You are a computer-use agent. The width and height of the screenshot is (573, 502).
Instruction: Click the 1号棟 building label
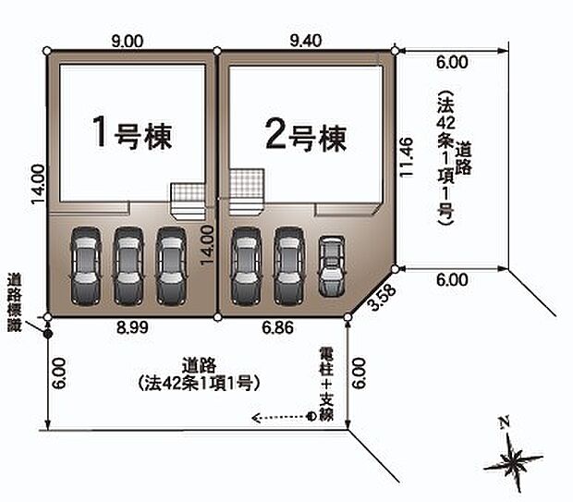132,135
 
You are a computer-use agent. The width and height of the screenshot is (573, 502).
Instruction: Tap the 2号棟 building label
305,137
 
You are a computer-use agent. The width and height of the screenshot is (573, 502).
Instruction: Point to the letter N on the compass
504,423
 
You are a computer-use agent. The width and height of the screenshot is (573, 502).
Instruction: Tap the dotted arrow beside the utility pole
279,416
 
